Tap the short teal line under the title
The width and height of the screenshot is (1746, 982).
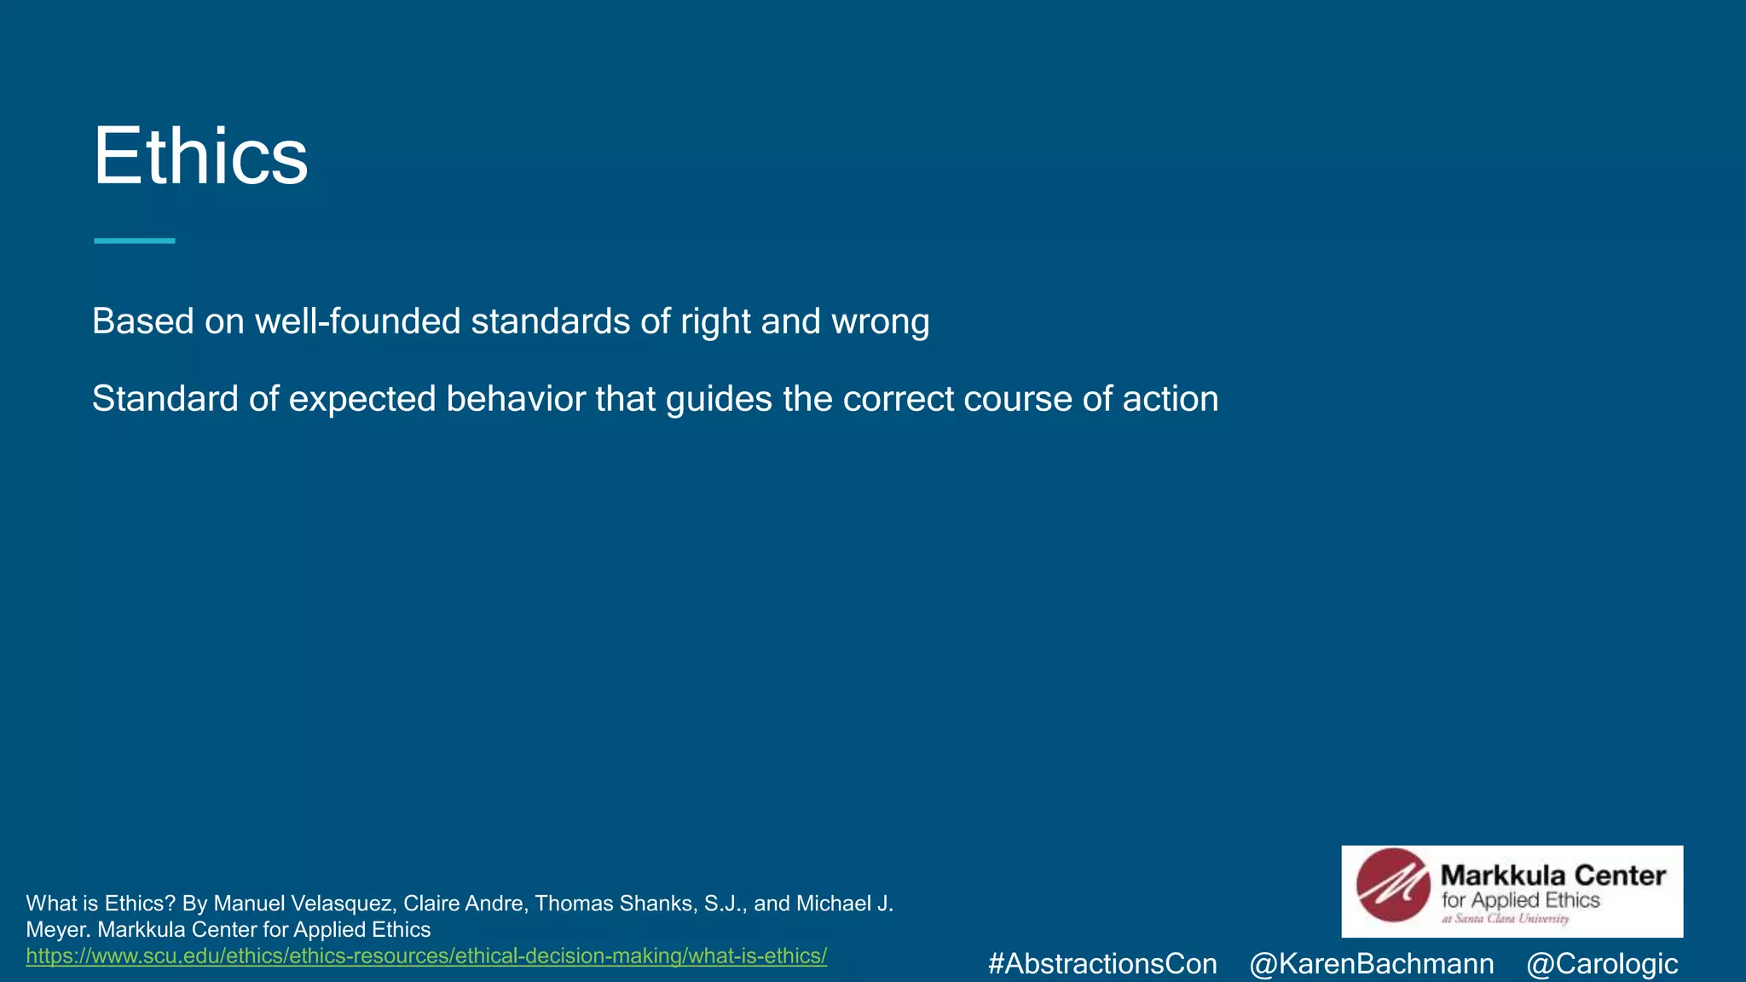pos(135,241)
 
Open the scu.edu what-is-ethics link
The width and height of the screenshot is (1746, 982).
pos(426,956)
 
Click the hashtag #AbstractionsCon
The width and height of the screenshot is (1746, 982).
pos(1102,964)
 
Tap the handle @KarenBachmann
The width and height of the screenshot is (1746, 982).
pos(1371,964)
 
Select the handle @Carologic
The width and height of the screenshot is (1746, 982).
pos(1602,964)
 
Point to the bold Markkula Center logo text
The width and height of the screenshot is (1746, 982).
pos(1552,875)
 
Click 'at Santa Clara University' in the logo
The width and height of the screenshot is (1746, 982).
pos(1505,919)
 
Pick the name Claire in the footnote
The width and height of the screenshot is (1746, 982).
pos(431,904)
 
